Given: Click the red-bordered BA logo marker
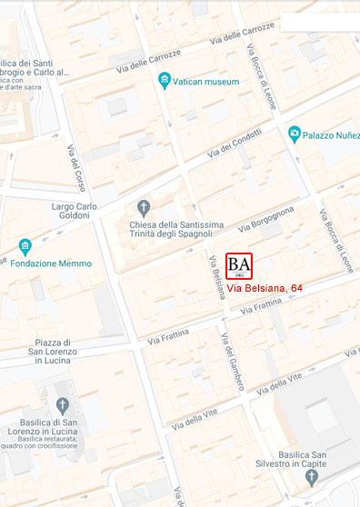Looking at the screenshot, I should tap(239, 265).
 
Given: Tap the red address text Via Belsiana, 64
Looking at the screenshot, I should tap(265, 288).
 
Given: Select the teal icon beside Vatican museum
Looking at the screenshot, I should tap(165, 82).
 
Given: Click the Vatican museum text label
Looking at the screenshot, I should tap(208, 82).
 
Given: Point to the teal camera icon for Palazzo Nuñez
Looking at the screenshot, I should tap(295, 134).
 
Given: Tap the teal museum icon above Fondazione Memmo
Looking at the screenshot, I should tap(25, 246).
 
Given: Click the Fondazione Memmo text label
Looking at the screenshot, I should tap(51, 263).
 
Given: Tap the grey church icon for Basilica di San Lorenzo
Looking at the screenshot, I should tap(63, 405).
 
